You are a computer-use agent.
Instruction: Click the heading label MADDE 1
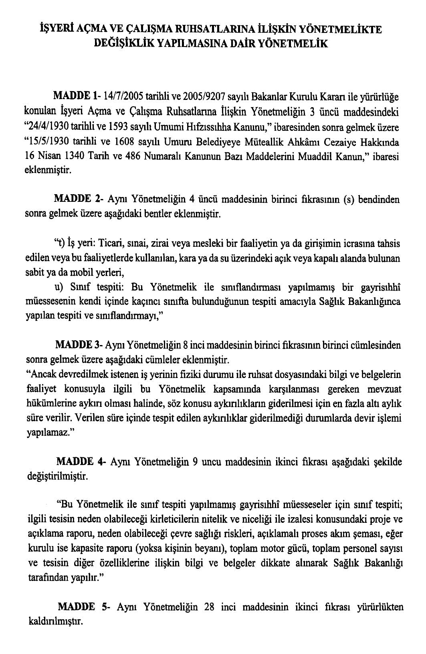(x=76, y=97)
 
